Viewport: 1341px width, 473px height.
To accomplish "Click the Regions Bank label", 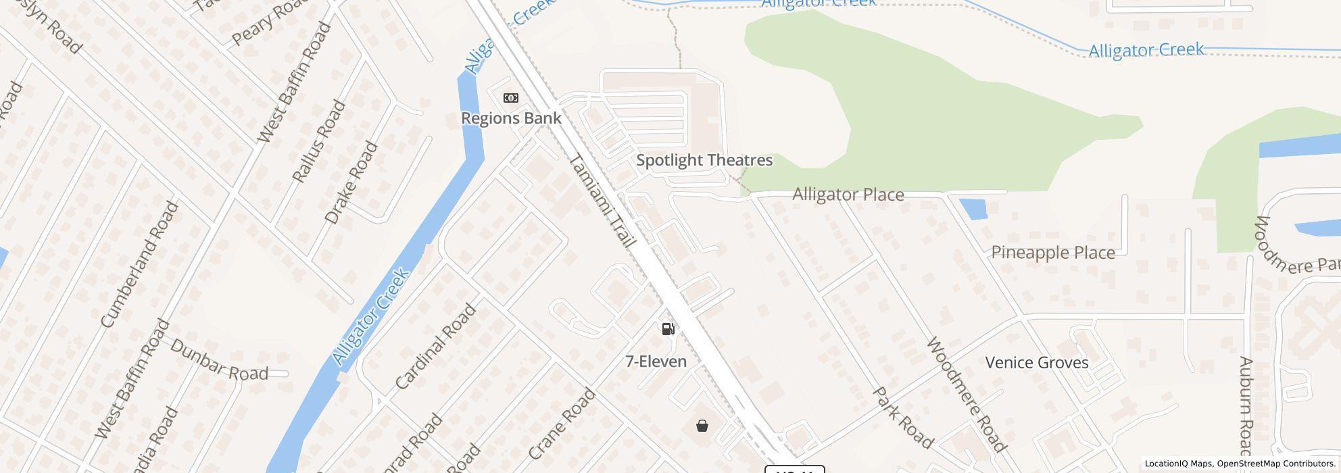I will [511, 118].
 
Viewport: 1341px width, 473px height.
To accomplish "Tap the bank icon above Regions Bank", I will [511, 98].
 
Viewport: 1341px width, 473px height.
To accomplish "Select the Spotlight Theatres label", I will [704, 160].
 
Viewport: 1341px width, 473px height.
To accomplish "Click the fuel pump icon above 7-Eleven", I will [668, 329].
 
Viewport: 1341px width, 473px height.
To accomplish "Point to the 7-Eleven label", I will [656, 362].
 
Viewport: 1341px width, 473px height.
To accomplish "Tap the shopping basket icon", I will [702, 426].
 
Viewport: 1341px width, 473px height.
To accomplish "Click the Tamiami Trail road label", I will [604, 201].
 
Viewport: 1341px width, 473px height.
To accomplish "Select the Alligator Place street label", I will [848, 195].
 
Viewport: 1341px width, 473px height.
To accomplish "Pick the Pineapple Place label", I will [1052, 253].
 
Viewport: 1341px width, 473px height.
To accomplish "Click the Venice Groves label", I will [1036, 363].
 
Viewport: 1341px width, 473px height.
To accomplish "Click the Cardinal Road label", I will [436, 347].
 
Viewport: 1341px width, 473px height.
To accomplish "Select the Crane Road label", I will [562, 424].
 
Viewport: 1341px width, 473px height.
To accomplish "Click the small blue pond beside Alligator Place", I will [973, 209].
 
